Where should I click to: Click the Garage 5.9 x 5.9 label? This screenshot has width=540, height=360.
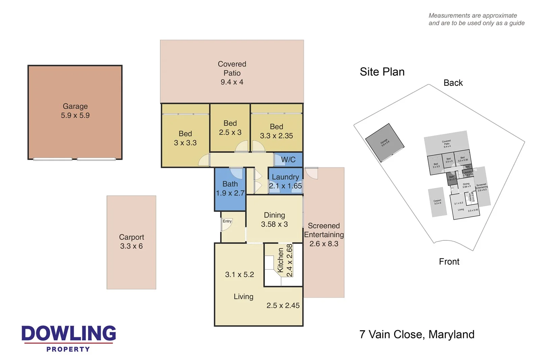tap(75, 111)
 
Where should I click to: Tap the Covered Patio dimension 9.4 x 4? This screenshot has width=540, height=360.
tap(232, 82)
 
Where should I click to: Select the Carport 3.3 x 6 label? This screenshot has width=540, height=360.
tap(131, 241)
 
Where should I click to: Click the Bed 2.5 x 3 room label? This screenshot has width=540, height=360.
tap(230, 128)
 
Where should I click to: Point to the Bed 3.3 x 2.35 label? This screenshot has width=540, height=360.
tap(276, 131)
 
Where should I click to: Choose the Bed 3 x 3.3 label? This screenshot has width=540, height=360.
tap(185, 138)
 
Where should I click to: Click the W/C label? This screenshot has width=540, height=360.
tap(288, 160)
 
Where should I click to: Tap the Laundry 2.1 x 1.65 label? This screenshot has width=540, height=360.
tap(285, 181)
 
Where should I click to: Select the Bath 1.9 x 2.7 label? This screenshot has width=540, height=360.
tap(230, 188)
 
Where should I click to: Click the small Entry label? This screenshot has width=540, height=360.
tap(227, 221)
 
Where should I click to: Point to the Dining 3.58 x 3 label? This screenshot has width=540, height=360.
tap(274, 220)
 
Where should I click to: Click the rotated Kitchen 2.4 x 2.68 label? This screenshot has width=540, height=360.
tap(285, 260)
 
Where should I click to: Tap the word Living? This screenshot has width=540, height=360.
tap(243, 297)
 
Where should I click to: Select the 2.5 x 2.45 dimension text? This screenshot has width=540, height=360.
tap(283, 306)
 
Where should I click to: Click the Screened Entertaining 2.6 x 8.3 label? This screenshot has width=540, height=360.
tap(324, 235)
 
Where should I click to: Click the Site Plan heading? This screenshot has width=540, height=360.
tap(382, 72)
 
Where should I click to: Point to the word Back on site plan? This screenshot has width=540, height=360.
tap(453, 83)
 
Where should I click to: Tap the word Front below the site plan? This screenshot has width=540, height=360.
tap(449, 262)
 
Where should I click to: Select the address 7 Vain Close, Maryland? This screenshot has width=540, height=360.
tap(417, 335)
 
